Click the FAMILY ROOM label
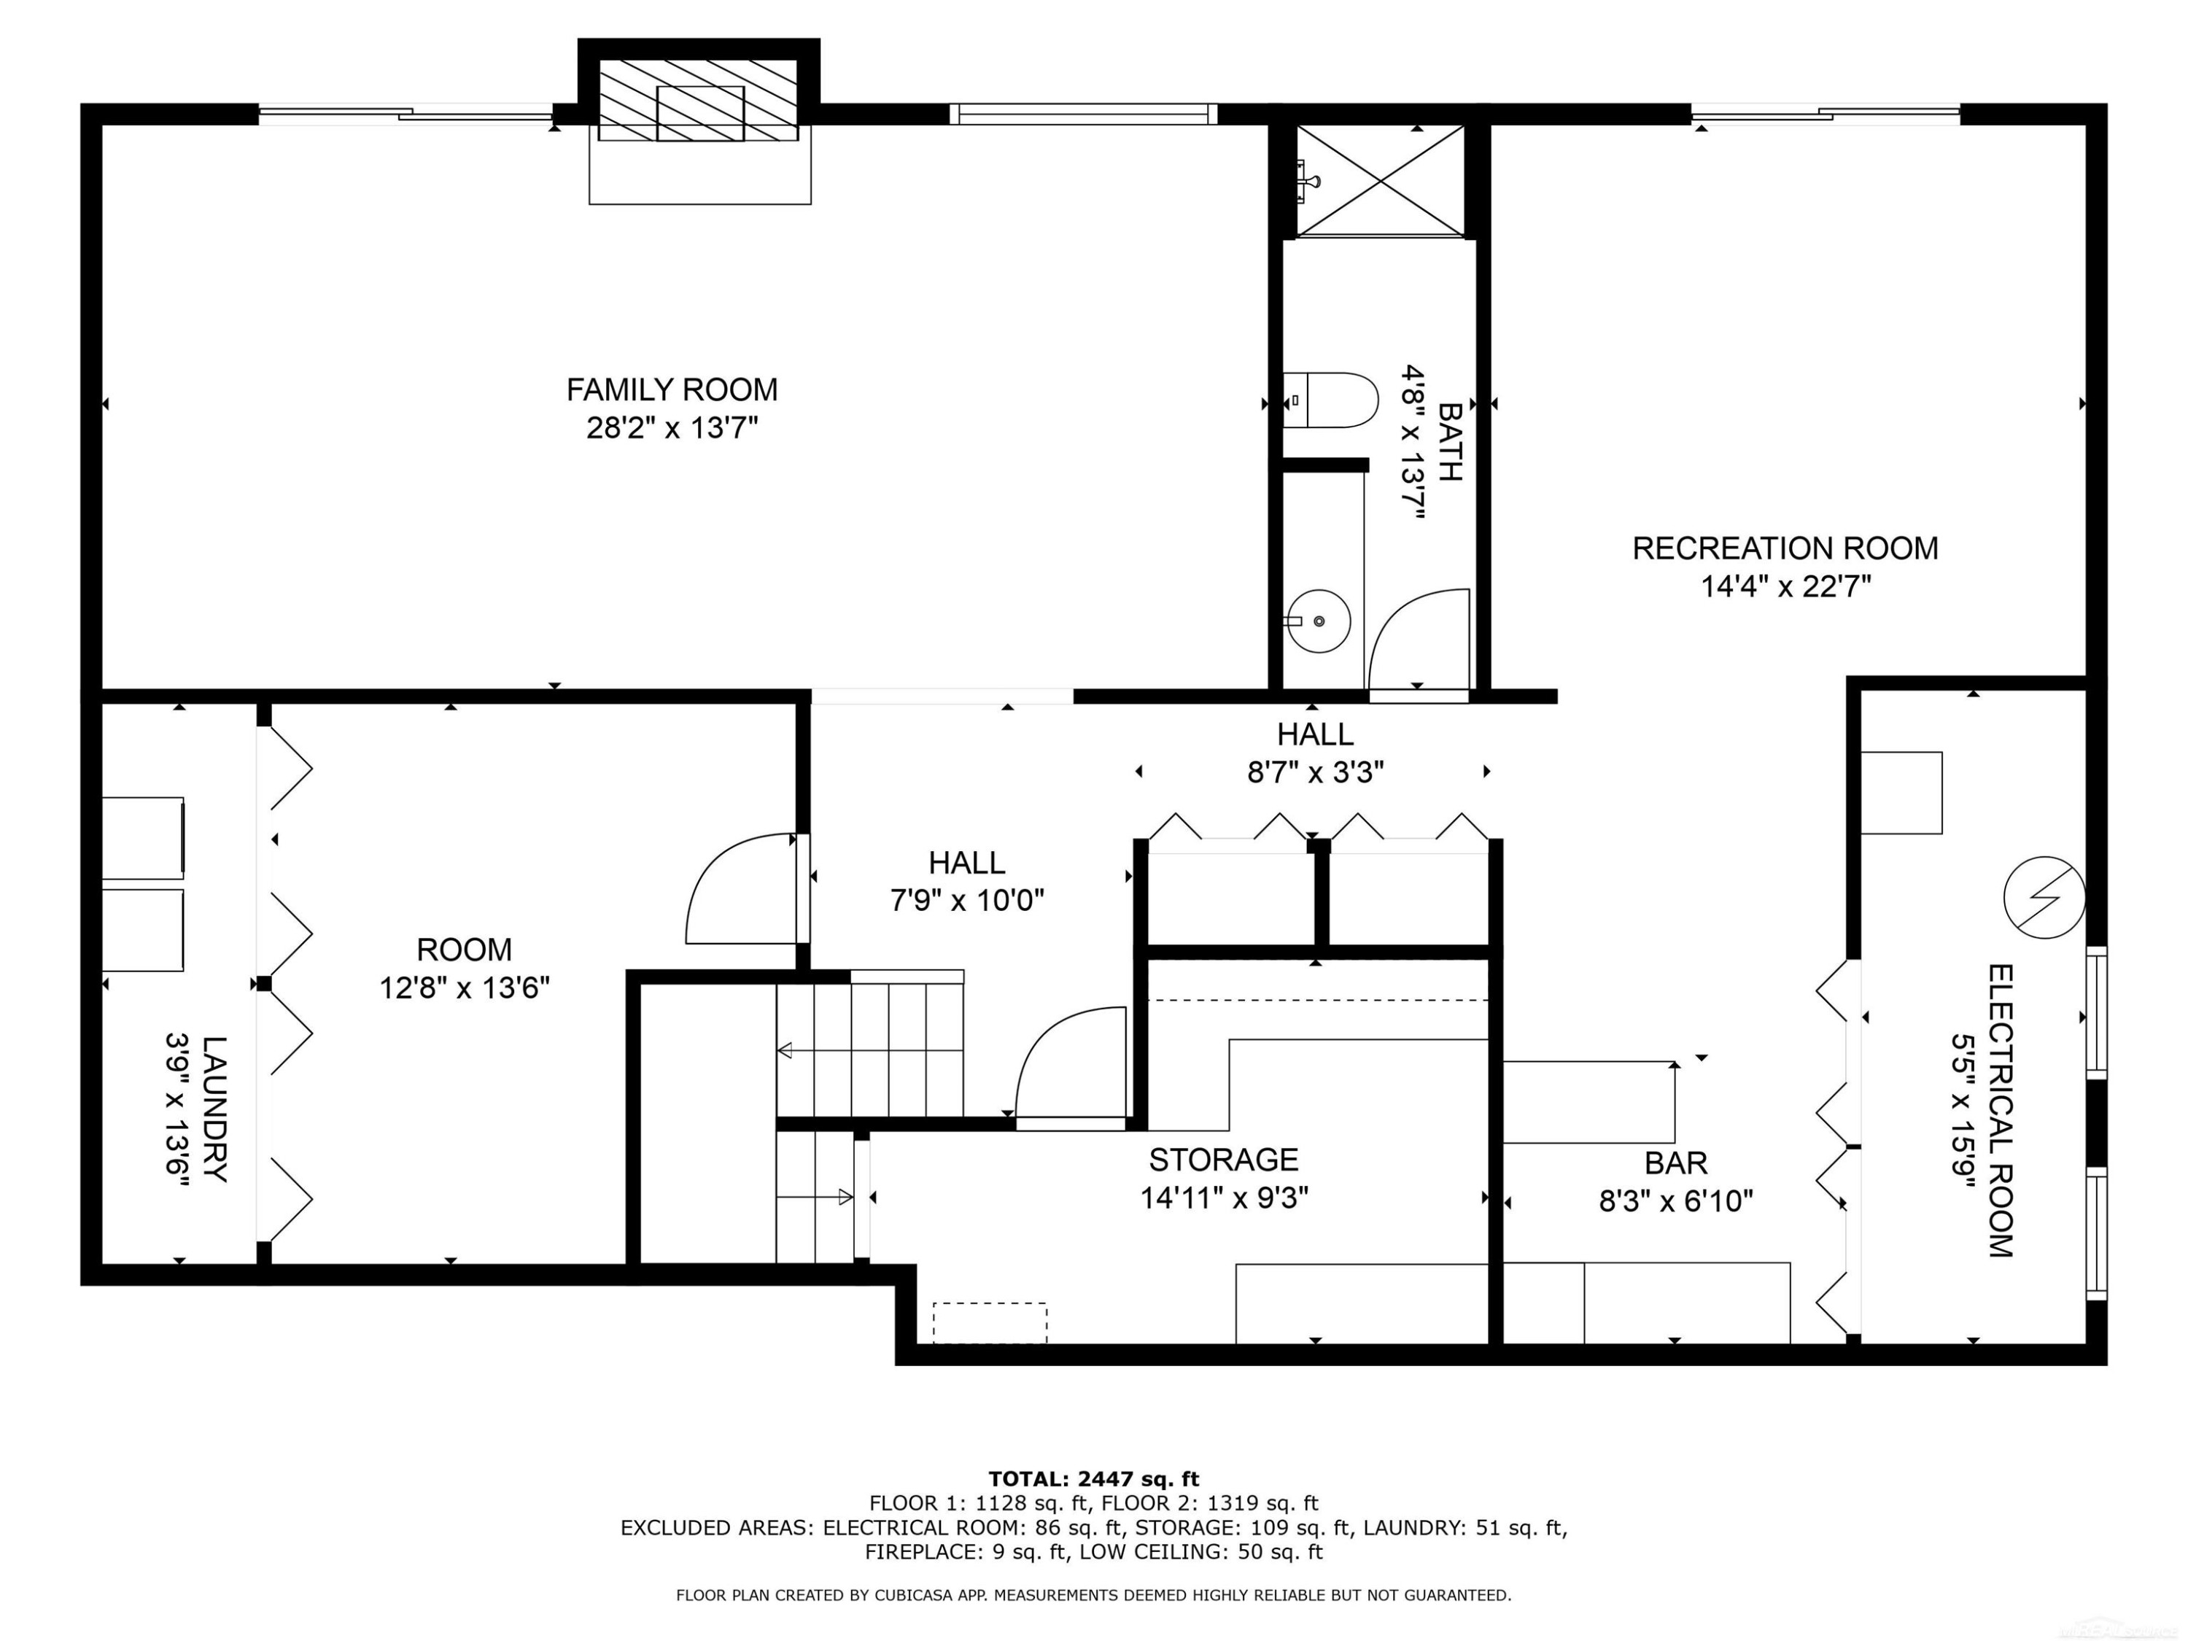click(672, 389)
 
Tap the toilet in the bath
click(1330, 400)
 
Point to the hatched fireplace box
click(699, 99)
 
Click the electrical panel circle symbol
click(2044, 897)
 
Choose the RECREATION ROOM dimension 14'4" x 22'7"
click(1785, 586)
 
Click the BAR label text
click(1675, 1163)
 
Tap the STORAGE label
click(1224, 1160)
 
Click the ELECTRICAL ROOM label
click(2000, 1111)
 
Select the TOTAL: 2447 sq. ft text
click(1093, 1480)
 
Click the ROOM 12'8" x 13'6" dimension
click(464, 988)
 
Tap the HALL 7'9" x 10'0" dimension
click(966, 900)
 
